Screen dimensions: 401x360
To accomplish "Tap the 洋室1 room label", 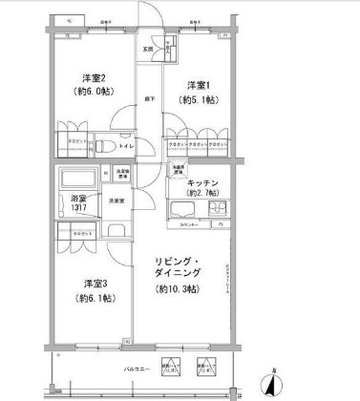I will point(200,84).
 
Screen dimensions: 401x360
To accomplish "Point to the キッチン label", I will point(205,182).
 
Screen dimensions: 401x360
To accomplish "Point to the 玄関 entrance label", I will point(149,49).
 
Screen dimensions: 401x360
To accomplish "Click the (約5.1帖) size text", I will point(200,99).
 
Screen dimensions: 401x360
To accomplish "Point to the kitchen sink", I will point(181,209).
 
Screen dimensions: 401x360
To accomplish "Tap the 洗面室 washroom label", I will point(116,200).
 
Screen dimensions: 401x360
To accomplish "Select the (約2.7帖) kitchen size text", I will point(205,194).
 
